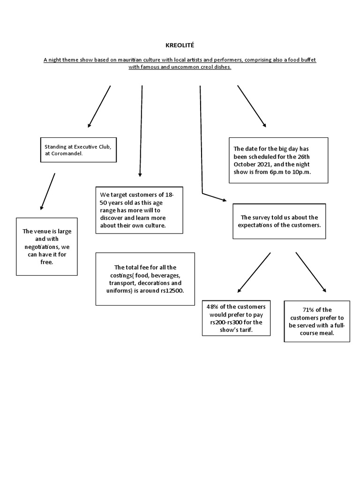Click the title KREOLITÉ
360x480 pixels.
(x=180, y=45)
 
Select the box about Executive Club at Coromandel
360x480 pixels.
(x=77, y=150)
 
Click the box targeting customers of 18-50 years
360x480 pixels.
(x=139, y=210)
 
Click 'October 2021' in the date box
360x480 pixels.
(x=251, y=165)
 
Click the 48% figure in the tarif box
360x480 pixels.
(x=213, y=306)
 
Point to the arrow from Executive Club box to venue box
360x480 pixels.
(x=48, y=191)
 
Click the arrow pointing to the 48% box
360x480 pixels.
(x=254, y=272)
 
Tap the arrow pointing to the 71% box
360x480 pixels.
(x=311, y=272)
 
